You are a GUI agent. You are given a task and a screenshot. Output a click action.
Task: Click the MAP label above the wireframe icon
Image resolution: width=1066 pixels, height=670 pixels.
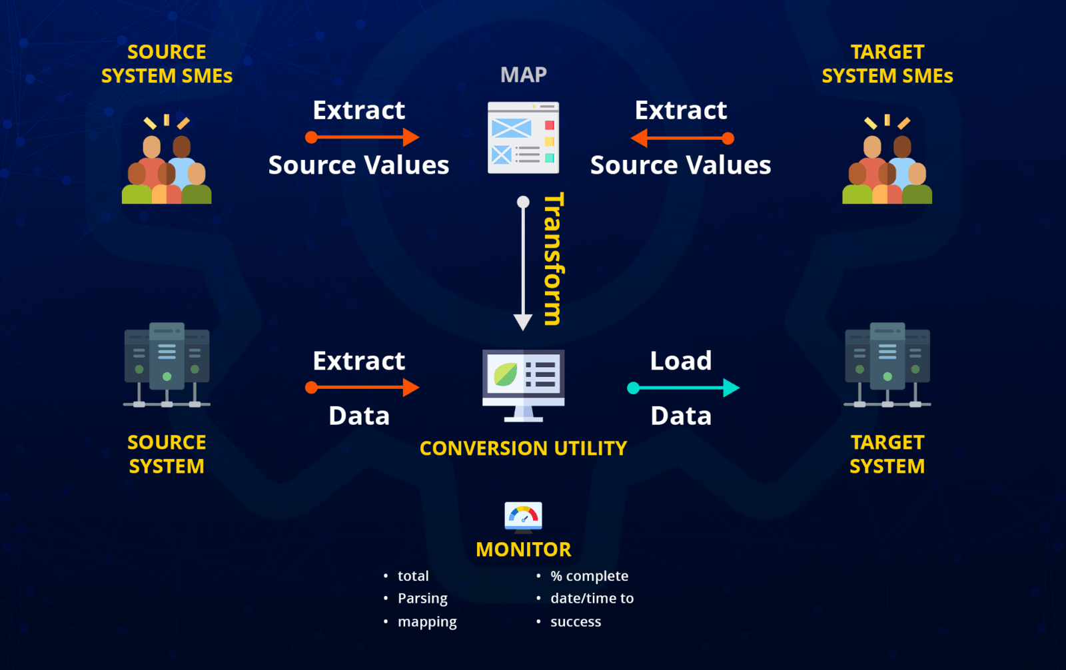[523, 75]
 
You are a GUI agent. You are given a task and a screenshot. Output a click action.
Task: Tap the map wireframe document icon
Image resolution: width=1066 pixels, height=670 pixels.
[523, 137]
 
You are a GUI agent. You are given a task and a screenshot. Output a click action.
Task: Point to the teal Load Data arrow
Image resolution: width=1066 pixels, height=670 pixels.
[683, 388]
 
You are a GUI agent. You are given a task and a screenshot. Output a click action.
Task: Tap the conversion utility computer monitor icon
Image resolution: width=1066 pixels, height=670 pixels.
[523, 384]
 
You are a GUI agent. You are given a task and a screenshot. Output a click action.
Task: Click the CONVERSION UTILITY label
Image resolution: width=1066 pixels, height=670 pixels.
[523, 448]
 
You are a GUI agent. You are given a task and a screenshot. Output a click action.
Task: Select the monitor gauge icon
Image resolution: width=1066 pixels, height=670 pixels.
[523, 517]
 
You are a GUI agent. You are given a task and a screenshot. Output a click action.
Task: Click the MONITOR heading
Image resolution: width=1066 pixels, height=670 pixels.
[523, 549]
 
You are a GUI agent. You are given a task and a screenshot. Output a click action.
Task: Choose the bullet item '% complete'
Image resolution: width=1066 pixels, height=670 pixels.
[589, 576]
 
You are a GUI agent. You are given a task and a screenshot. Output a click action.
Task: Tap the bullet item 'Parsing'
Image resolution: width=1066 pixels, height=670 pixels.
[422, 599]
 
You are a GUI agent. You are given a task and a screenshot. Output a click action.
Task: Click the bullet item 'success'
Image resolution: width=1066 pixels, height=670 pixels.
[576, 622]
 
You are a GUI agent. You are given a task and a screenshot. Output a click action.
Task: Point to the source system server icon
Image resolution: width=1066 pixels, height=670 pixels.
[167, 365]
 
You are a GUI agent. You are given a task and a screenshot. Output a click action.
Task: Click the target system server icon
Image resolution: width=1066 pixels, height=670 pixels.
[887, 365]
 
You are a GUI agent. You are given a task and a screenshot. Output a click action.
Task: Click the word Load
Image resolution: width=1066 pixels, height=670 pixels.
[681, 361]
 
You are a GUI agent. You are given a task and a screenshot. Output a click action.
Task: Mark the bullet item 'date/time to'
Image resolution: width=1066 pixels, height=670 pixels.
[592, 599]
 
